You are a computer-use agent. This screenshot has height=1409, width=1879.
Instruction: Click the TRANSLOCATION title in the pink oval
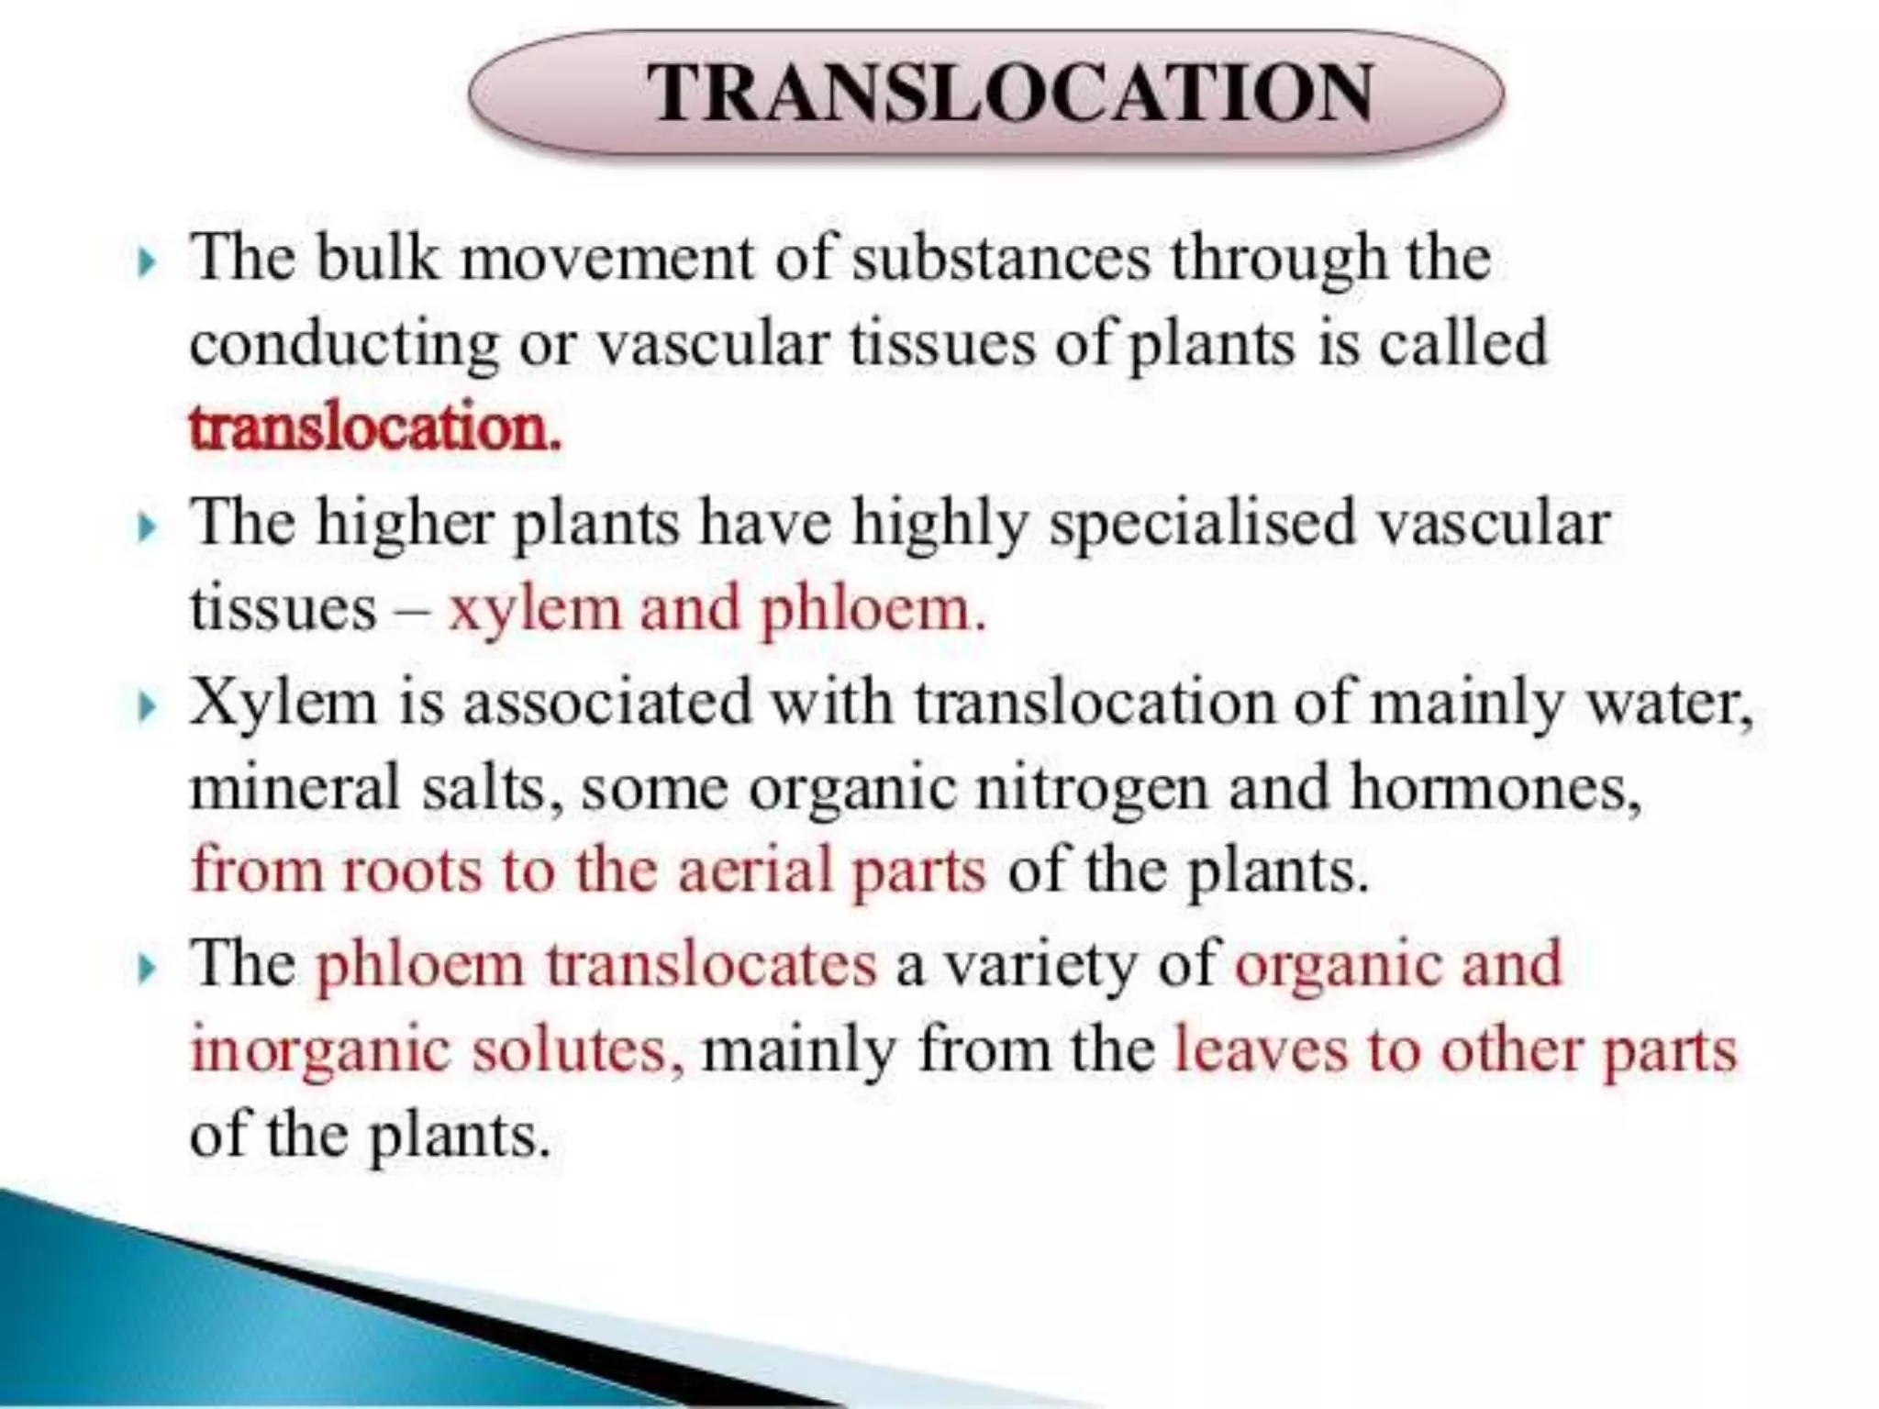[1008, 94]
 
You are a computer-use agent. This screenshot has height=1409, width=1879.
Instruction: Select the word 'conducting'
[344, 345]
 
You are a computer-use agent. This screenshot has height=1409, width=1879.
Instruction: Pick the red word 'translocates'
[711, 965]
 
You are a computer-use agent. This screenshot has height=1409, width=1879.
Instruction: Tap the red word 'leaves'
[1261, 1049]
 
